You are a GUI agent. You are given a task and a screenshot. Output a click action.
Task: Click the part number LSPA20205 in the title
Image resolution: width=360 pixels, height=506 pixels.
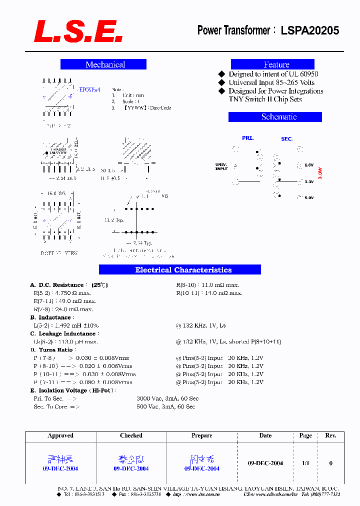tap(309, 30)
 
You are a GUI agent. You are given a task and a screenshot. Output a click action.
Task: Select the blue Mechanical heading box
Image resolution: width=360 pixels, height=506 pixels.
tap(103, 64)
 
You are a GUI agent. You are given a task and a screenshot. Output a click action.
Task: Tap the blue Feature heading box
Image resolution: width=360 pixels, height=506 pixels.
tap(272, 64)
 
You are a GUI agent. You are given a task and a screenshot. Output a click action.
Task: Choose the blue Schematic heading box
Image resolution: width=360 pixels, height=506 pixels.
tap(275, 117)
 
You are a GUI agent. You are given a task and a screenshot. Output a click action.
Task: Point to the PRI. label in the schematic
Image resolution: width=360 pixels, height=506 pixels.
tap(248, 138)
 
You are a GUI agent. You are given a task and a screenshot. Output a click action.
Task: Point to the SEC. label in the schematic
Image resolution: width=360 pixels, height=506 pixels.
tap(286, 138)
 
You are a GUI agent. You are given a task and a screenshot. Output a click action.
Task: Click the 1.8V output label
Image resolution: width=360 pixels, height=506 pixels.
tap(309, 165)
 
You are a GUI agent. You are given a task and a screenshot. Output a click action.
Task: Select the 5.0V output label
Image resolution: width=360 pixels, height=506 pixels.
tap(309, 198)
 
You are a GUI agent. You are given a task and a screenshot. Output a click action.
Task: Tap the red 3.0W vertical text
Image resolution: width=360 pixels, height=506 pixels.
tap(320, 173)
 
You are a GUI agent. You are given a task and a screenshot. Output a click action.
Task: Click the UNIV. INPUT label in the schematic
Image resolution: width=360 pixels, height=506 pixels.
tap(221, 166)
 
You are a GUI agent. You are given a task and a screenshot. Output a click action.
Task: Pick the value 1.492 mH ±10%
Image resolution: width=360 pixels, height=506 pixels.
tap(74, 325)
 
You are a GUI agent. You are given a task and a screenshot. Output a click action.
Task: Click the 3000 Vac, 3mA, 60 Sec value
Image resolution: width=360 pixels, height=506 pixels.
tap(167, 398)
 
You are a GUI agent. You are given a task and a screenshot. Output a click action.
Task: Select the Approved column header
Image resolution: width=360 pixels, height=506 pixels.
tap(60, 435)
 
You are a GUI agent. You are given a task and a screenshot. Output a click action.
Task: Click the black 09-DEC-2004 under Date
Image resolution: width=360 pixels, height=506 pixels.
tap(265, 463)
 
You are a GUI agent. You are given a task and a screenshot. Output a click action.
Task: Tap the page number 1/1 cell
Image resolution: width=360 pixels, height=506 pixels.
tap(305, 463)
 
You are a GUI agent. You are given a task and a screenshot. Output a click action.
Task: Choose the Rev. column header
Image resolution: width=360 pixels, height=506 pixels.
tap(330, 435)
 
